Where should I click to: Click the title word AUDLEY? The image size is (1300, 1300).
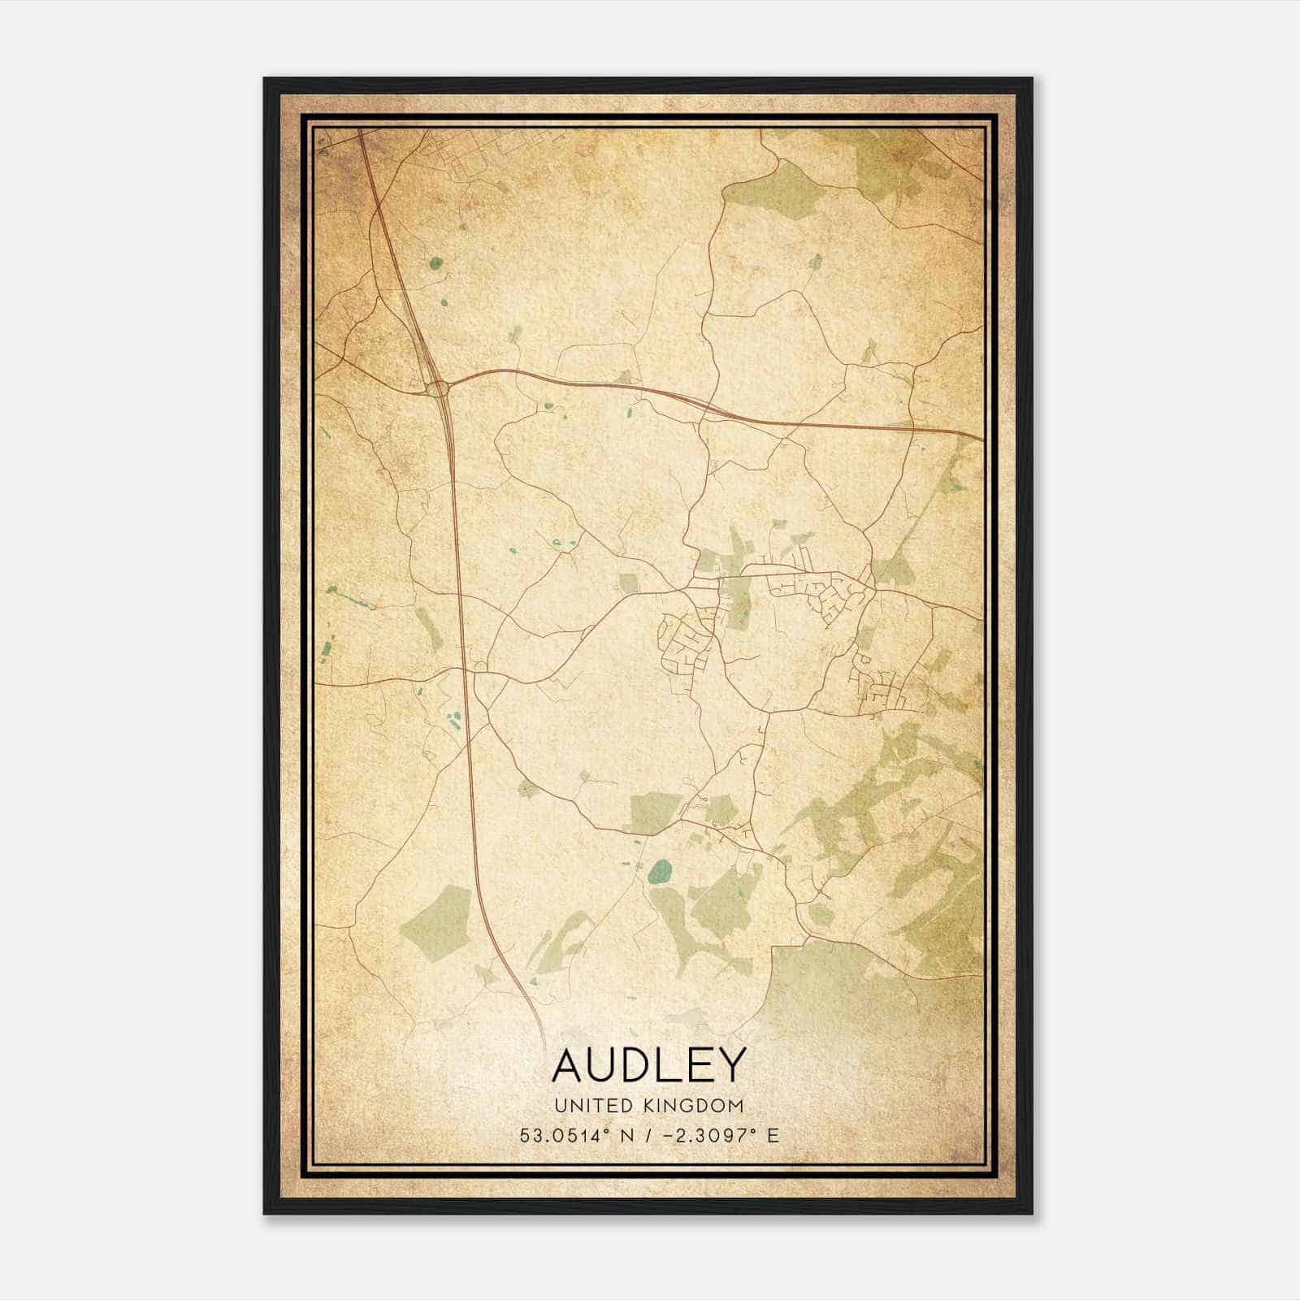[648, 1065]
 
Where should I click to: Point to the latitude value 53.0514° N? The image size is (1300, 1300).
[569, 1135]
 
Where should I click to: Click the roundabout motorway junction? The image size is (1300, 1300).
[438, 388]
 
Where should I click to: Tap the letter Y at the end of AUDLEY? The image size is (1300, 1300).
[730, 1065]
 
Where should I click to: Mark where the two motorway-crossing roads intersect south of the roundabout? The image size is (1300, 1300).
[470, 671]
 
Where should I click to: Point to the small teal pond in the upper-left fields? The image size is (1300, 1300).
[435, 262]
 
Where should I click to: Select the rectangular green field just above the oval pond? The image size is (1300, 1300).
[655, 811]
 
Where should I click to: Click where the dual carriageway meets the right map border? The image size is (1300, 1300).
[981, 439]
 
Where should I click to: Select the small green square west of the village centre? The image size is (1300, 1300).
[628, 582]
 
